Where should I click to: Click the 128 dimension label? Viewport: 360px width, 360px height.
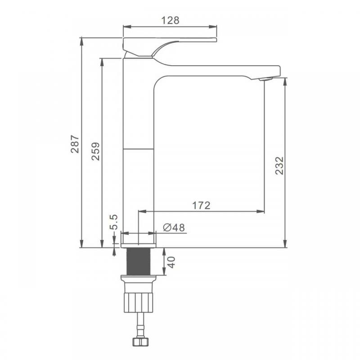click(170, 20)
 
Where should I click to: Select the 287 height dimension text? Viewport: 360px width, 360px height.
click(75, 144)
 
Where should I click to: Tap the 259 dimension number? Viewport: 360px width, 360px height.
click(95, 151)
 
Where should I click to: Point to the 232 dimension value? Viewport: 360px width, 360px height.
click(279, 166)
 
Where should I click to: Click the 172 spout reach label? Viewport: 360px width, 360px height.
click(201, 206)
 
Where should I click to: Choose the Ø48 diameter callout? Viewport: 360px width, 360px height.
click(174, 228)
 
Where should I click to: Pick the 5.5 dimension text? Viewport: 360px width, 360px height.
click(114, 222)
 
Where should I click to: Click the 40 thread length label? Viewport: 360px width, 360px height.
click(171, 262)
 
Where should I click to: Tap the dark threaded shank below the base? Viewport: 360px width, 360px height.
click(139, 261)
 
